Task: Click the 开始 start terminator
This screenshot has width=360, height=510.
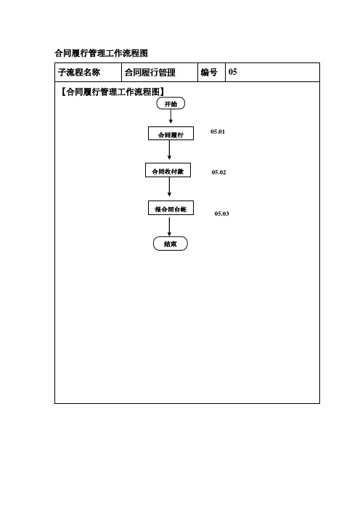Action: [x=171, y=103]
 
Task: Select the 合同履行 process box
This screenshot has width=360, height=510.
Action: [x=171, y=134]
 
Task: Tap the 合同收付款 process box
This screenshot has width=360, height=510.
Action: [x=168, y=170]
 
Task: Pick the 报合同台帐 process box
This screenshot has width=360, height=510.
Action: [x=171, y=208]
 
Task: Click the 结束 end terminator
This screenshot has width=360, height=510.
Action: [x=171, y=243]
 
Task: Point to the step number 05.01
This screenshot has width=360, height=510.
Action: [x=218, y=131]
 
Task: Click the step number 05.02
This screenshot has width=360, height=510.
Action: [x=218, y=172]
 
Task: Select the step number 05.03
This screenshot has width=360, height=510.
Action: [x=221, y=214]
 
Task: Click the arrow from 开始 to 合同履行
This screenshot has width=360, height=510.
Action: [x=171, y=116]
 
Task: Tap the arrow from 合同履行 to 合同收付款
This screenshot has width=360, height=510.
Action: [x=169, y=150]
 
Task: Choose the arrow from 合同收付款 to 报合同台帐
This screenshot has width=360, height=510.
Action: [x=169, y=187]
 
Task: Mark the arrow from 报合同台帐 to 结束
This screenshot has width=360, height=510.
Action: [x=169, y=227]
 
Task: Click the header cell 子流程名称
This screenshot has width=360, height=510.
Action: [x=79, y=72]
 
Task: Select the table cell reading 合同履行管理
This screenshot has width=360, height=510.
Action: [x=150, y=72]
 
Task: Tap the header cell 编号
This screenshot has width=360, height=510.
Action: [x=209, y=72]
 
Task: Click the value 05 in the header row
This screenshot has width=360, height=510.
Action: [x=233, y=71]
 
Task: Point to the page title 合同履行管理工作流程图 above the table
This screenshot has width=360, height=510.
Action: [x=102, y=53]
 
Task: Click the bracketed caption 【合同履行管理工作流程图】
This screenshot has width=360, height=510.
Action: [x=112, y=92]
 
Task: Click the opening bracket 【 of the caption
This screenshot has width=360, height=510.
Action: [x=62, y=92]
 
